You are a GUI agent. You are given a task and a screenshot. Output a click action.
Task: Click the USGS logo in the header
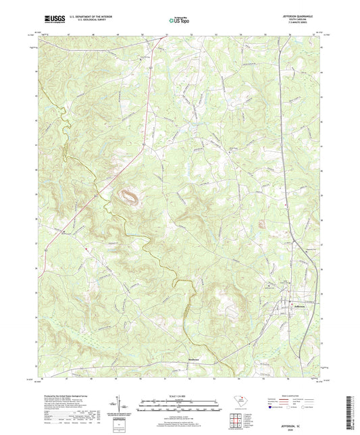tap(54, 20)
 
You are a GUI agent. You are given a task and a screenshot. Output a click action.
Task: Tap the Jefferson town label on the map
tap(282, 309)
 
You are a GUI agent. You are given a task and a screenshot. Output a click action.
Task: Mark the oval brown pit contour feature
tap(128, 197)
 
